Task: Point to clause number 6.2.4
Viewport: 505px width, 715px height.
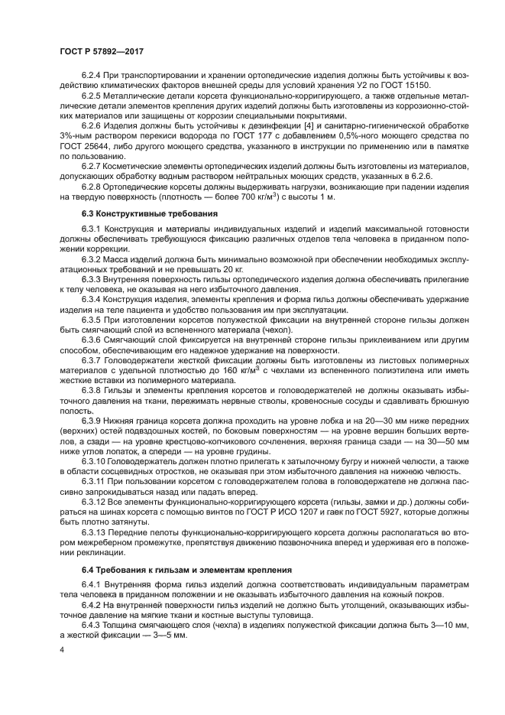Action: coord(93,75)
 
